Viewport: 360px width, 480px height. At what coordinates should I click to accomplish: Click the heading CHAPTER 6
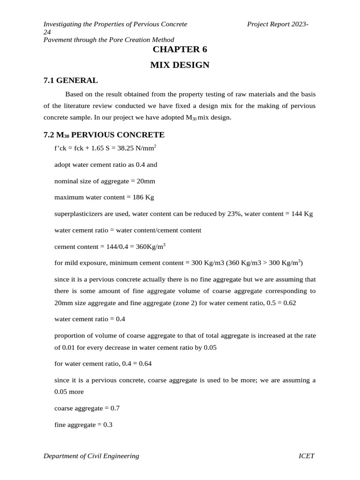pos(180,50)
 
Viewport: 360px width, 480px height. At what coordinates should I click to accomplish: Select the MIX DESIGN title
pos(180,65)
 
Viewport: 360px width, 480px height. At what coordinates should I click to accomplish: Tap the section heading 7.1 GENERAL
pos(70,80)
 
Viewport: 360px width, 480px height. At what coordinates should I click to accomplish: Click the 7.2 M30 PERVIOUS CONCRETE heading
pos(104,135)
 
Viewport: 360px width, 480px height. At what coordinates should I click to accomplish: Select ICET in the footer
pos(307,456)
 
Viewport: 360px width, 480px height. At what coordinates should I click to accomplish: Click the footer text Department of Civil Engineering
pos(91,456)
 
